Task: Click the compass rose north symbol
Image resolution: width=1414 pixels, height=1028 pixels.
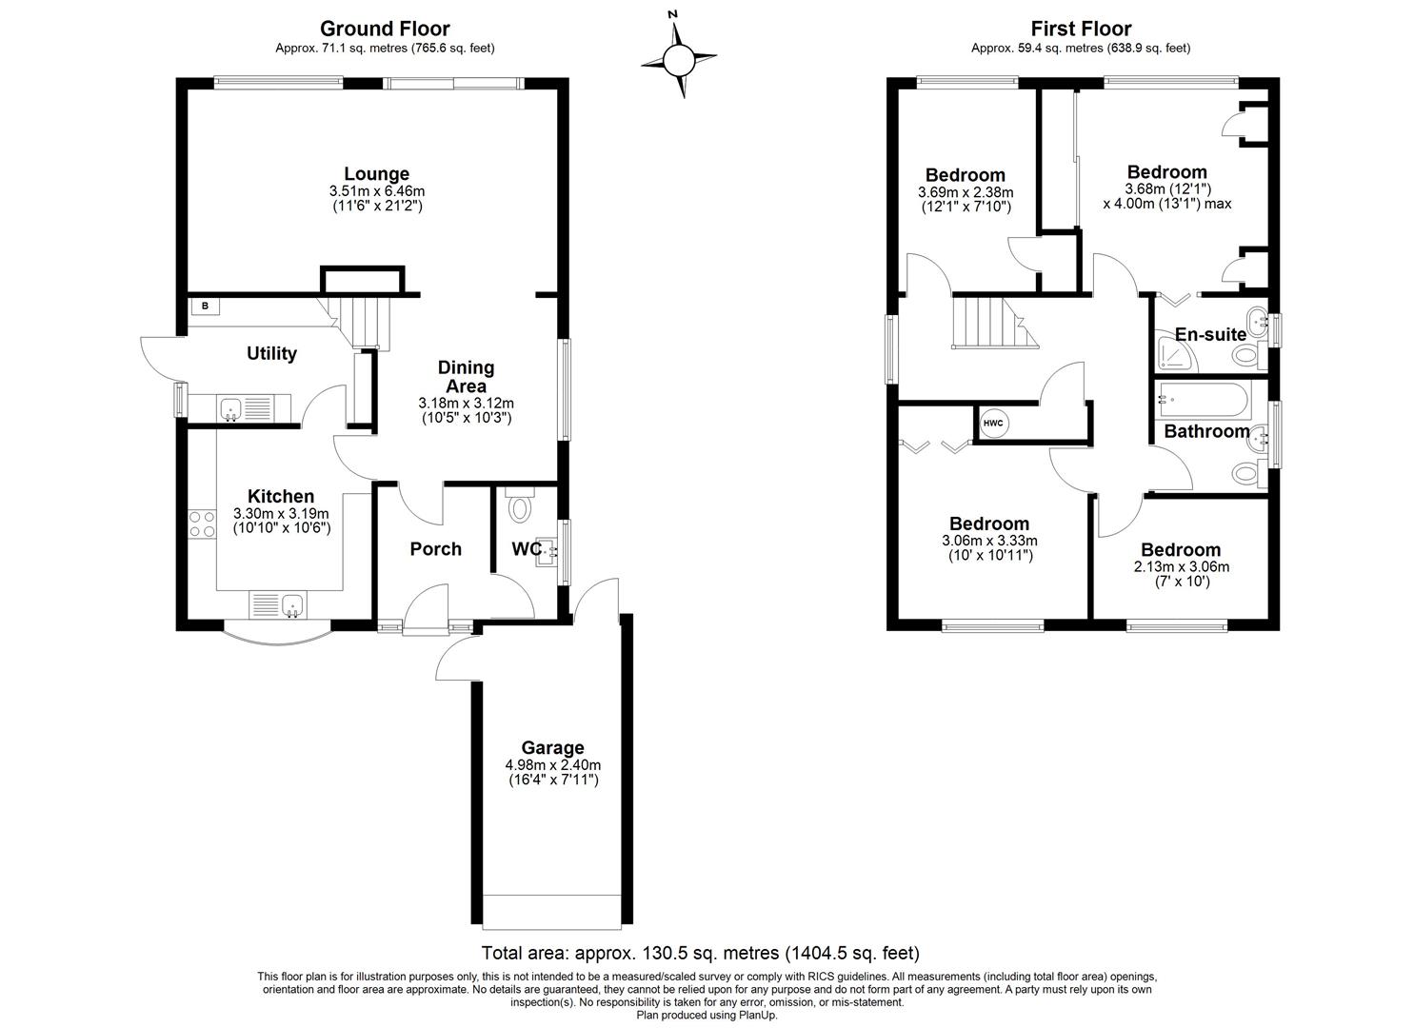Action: [678, 59]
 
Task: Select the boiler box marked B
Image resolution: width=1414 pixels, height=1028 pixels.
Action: [205, 306]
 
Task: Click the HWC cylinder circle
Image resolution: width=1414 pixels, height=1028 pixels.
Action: [993, 423]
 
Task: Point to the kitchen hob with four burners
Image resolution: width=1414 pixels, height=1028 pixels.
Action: [202, 524]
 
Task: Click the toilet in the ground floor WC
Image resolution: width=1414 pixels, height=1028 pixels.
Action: [520, 506]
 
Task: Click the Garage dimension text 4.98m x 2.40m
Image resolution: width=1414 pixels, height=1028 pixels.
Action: [552, 764]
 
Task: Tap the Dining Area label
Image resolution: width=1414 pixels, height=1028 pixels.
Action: [466, 376]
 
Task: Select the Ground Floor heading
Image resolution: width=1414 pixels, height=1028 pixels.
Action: [385, 29]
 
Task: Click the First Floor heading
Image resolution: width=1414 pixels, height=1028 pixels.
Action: [1080, 29]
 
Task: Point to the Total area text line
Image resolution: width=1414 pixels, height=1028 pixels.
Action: [700, 953]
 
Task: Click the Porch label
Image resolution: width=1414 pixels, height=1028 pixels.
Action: [435, 548]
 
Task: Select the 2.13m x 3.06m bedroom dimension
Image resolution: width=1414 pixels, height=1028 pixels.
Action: [1181, 566]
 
